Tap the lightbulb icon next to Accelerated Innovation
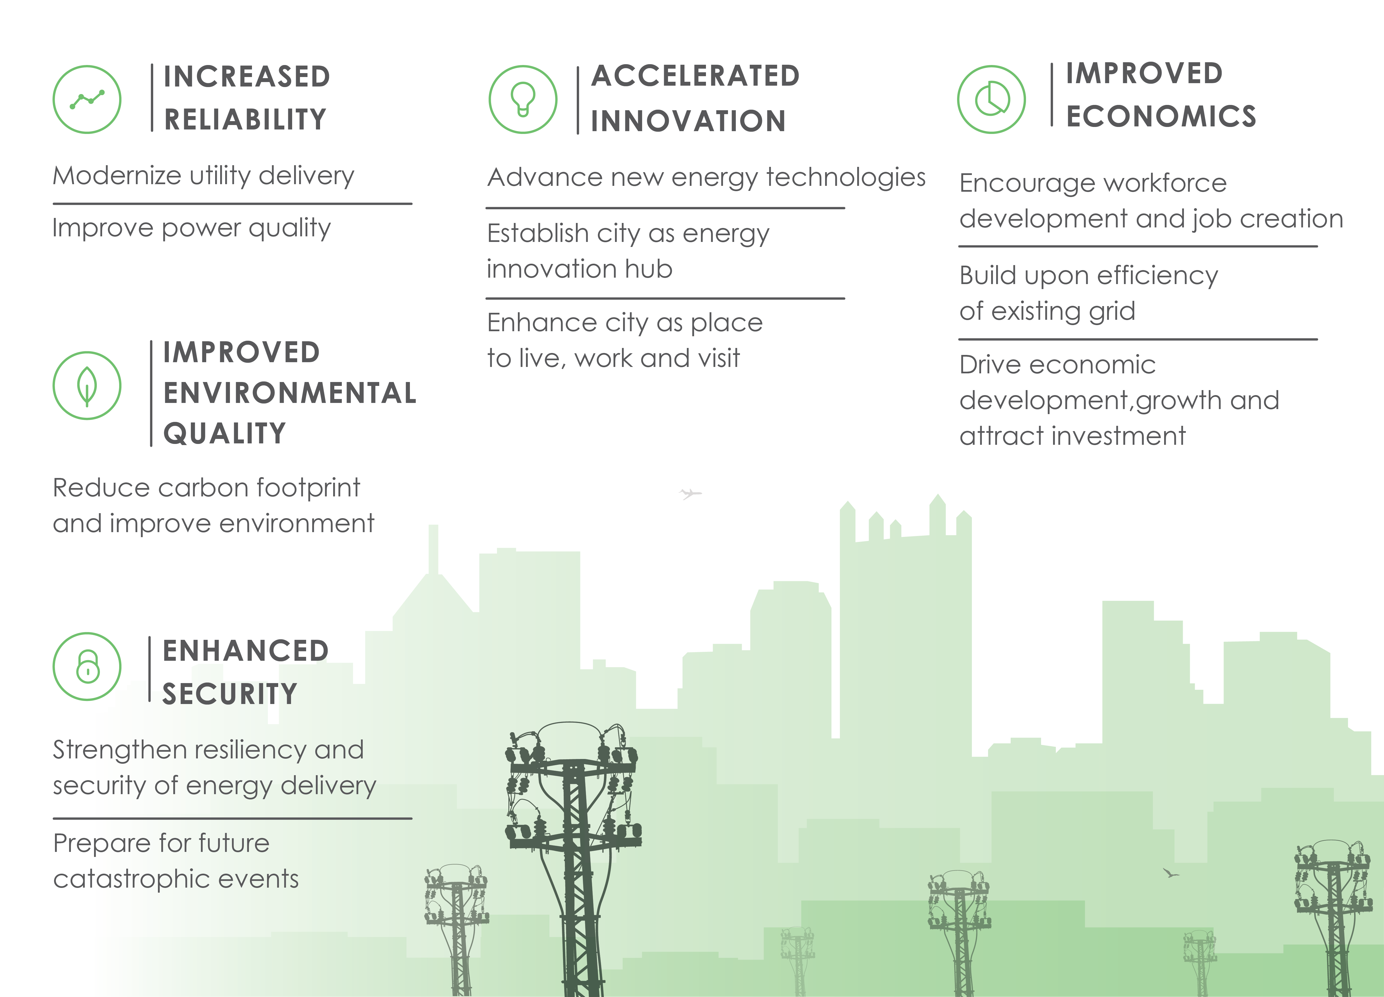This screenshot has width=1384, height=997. point(523,99)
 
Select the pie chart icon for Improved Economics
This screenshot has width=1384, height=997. point(992,99)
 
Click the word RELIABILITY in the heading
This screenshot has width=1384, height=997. point(245,120)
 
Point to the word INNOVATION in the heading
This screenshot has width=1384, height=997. point(688,121)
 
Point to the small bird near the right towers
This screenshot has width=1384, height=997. point(1171,873)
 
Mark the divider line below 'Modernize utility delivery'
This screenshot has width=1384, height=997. point(232,204)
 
